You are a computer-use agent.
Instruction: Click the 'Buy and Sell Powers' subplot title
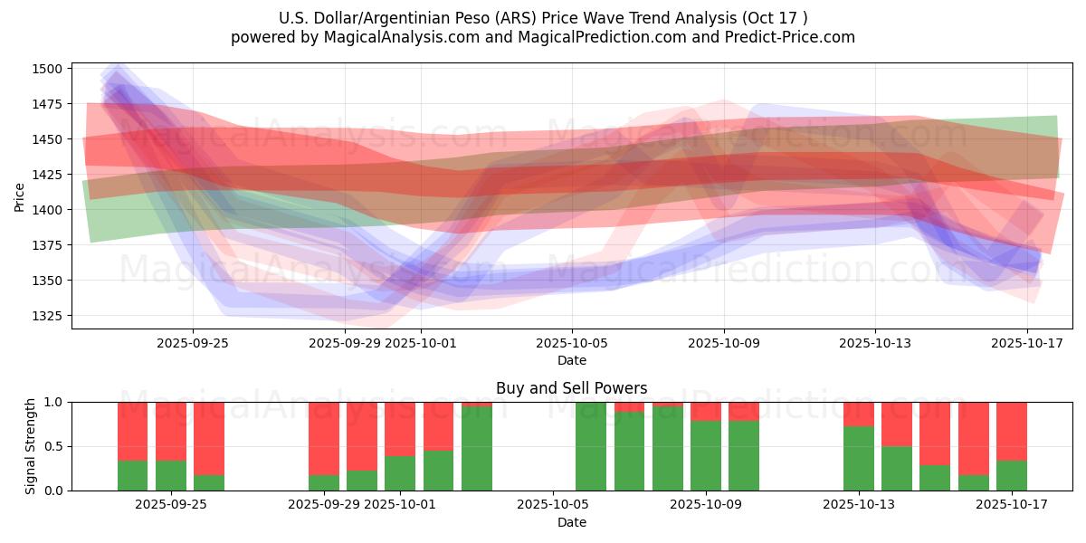coord(571,388)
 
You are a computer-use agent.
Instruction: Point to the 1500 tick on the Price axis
coord(49,69)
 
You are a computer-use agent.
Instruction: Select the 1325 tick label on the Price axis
coord(49,316)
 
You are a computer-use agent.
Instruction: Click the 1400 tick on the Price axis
coord(49,210)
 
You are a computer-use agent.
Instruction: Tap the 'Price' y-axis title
coord(20,196)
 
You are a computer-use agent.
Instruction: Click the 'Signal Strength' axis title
coord(31,446)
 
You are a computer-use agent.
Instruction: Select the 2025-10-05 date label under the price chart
coord(571,343)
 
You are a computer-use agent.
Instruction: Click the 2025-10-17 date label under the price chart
coord(1026,343)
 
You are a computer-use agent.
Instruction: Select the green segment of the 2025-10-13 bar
coord(858,458)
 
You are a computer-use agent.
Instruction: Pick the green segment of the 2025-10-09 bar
coord(706,455)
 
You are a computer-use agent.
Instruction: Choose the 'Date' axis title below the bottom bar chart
coord(571,522)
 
